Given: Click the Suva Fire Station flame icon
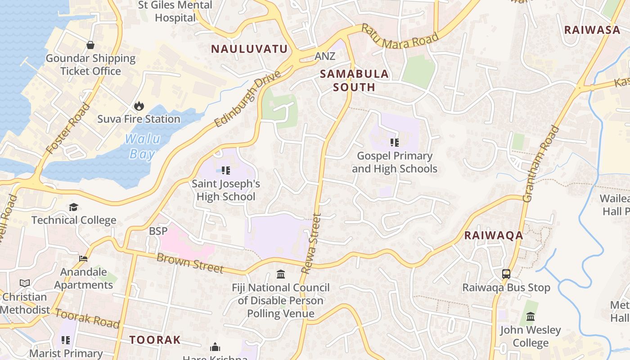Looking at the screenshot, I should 139,106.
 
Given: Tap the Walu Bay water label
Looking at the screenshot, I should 142,147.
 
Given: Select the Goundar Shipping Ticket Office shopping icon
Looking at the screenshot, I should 90,45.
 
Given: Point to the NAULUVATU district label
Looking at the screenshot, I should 249,49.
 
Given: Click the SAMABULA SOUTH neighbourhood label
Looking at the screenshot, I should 354,81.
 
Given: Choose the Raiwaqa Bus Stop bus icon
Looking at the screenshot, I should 506,274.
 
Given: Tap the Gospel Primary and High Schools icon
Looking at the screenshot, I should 395,143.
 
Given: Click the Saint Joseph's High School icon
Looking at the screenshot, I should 226,171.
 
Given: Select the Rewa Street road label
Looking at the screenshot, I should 311,243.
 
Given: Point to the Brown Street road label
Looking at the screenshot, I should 190,263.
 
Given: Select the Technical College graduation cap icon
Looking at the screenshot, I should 73,207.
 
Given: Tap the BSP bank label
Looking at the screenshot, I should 158,231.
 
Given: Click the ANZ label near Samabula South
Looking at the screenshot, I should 325,56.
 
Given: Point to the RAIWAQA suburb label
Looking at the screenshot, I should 494,235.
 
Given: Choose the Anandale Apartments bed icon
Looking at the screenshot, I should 83,259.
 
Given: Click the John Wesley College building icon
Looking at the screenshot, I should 531,317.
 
